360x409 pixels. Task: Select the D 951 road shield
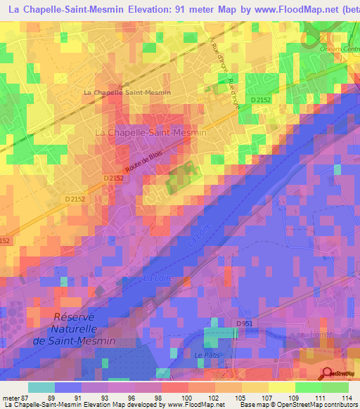coord(244,323)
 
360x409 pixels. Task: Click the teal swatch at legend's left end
coord(41,387)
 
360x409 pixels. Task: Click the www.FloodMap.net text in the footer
coord(201,405)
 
